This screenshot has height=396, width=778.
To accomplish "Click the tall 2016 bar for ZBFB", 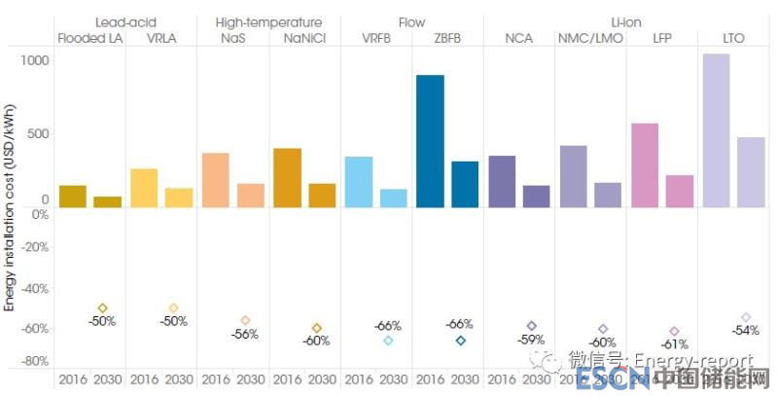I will [430, 141].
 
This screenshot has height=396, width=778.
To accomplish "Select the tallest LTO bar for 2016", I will [716, 130].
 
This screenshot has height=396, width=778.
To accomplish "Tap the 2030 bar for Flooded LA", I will [107, 201].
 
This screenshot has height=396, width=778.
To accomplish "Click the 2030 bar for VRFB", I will [393, 198].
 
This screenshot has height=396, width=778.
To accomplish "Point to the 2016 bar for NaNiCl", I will [287, 177].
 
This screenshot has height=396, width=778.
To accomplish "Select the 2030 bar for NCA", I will [536, 196].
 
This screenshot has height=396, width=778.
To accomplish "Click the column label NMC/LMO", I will [586, 39].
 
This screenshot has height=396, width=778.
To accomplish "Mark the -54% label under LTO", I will [745, 331].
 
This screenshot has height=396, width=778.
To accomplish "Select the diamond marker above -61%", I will [674, 332].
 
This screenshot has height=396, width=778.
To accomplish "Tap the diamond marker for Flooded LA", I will [102, 308].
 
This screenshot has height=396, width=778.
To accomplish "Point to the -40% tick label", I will [34, 288].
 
